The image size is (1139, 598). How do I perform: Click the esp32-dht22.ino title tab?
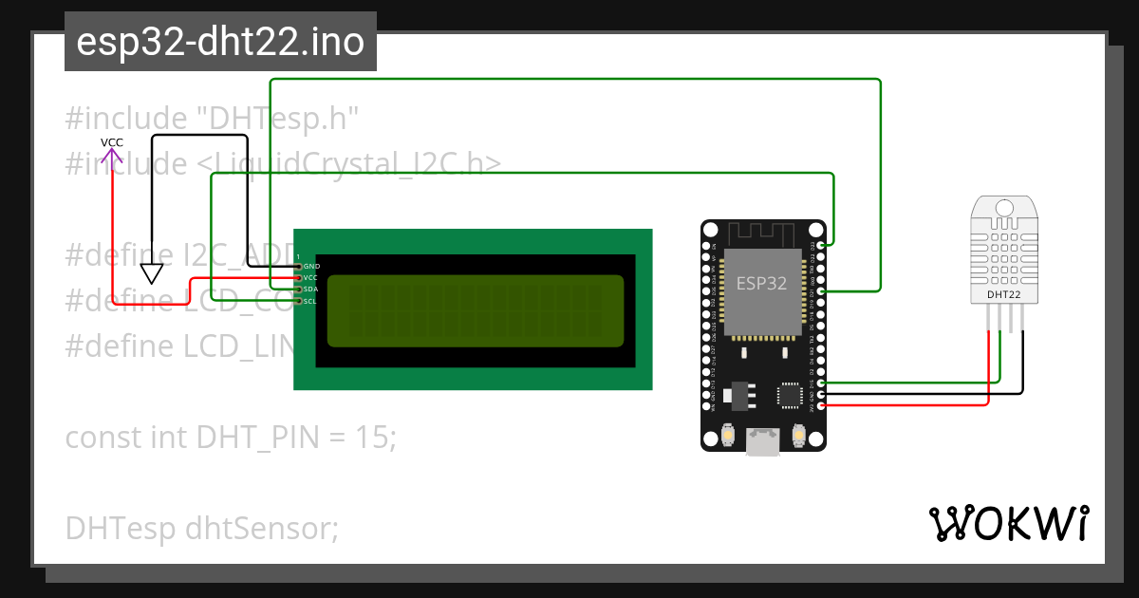220,43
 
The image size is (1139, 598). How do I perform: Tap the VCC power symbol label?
112,143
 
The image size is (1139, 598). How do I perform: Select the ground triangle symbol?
151,273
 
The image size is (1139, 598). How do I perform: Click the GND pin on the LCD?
298,267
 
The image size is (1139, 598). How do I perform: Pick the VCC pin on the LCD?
298,278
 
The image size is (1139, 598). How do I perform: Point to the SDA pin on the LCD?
298,290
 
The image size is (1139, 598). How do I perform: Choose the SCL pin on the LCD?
298,301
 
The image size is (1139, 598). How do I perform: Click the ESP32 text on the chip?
762,283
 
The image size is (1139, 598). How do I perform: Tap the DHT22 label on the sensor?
1004,295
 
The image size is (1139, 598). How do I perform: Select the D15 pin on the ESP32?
821,383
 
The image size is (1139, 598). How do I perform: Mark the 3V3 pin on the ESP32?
821,405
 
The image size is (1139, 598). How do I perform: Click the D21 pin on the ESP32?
821,290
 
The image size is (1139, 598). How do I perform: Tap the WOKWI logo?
1009,523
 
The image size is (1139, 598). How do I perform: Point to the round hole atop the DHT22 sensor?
1004,208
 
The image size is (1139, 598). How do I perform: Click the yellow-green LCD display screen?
476,310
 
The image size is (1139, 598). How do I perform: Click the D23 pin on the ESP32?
821,245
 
